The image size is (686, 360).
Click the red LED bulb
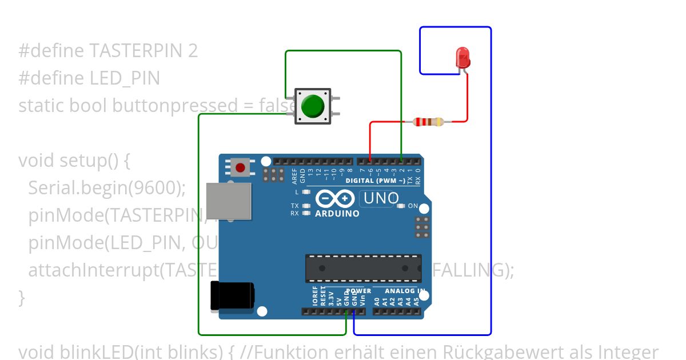coord(462,58)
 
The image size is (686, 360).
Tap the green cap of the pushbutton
coord(312,106)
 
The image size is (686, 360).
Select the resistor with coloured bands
coord(428,121)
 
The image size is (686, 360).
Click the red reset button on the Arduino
coord(241,168)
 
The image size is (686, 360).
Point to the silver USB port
coord(229,201)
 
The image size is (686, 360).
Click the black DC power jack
coord(232,296)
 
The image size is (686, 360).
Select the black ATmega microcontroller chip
coord(363,268)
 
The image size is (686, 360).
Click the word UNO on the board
coord(382,198)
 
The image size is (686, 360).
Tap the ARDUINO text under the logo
coord(337,214)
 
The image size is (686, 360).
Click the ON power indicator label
coord(413,206)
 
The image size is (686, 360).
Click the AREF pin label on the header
coord(294,175)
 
